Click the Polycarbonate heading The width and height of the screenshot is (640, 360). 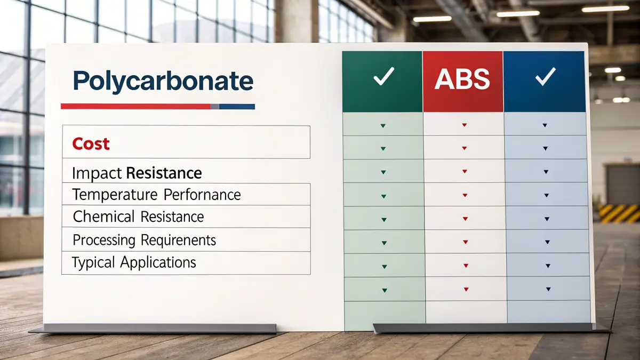(x=163, y=81)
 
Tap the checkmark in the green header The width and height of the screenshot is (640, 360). (x=383, y=77)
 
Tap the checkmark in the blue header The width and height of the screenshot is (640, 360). (x=545, y=78)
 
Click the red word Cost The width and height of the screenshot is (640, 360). (x=91, y=143)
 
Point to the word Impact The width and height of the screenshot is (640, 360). (x=97, y=173)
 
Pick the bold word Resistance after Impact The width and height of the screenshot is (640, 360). (x=164, y=173)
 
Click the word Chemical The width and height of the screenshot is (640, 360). (x=104, y=217)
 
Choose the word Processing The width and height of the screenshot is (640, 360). (x=104, y=240)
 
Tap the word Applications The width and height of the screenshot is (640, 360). (x=158, y=262)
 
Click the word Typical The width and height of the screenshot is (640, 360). (x=94, y=262)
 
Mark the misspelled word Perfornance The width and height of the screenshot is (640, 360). (x=202, y=195)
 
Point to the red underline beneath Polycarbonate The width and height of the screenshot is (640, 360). (x=136, y=106)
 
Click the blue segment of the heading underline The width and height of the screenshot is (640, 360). (x=237, y=106)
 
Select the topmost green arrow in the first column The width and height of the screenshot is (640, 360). (x=383, y=125)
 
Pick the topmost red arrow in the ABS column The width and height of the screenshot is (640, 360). (x=464, y=125)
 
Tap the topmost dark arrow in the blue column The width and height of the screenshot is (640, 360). (x=545, y=125)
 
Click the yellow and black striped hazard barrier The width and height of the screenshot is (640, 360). (x=619, y=213)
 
